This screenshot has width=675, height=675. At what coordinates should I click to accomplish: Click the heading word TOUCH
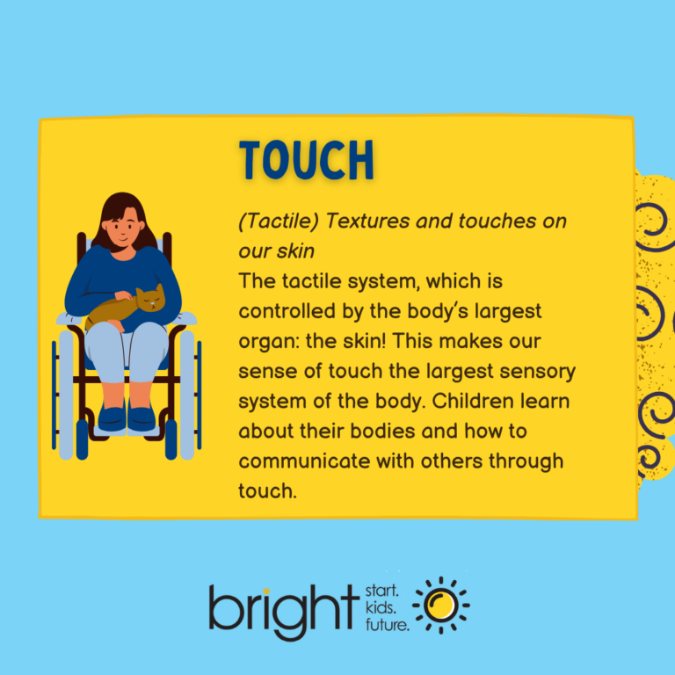307,161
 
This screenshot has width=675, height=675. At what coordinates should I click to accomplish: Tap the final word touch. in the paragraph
267,490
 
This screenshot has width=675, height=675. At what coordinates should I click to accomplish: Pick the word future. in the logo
388,625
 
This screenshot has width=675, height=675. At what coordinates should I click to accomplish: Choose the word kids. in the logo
383,606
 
